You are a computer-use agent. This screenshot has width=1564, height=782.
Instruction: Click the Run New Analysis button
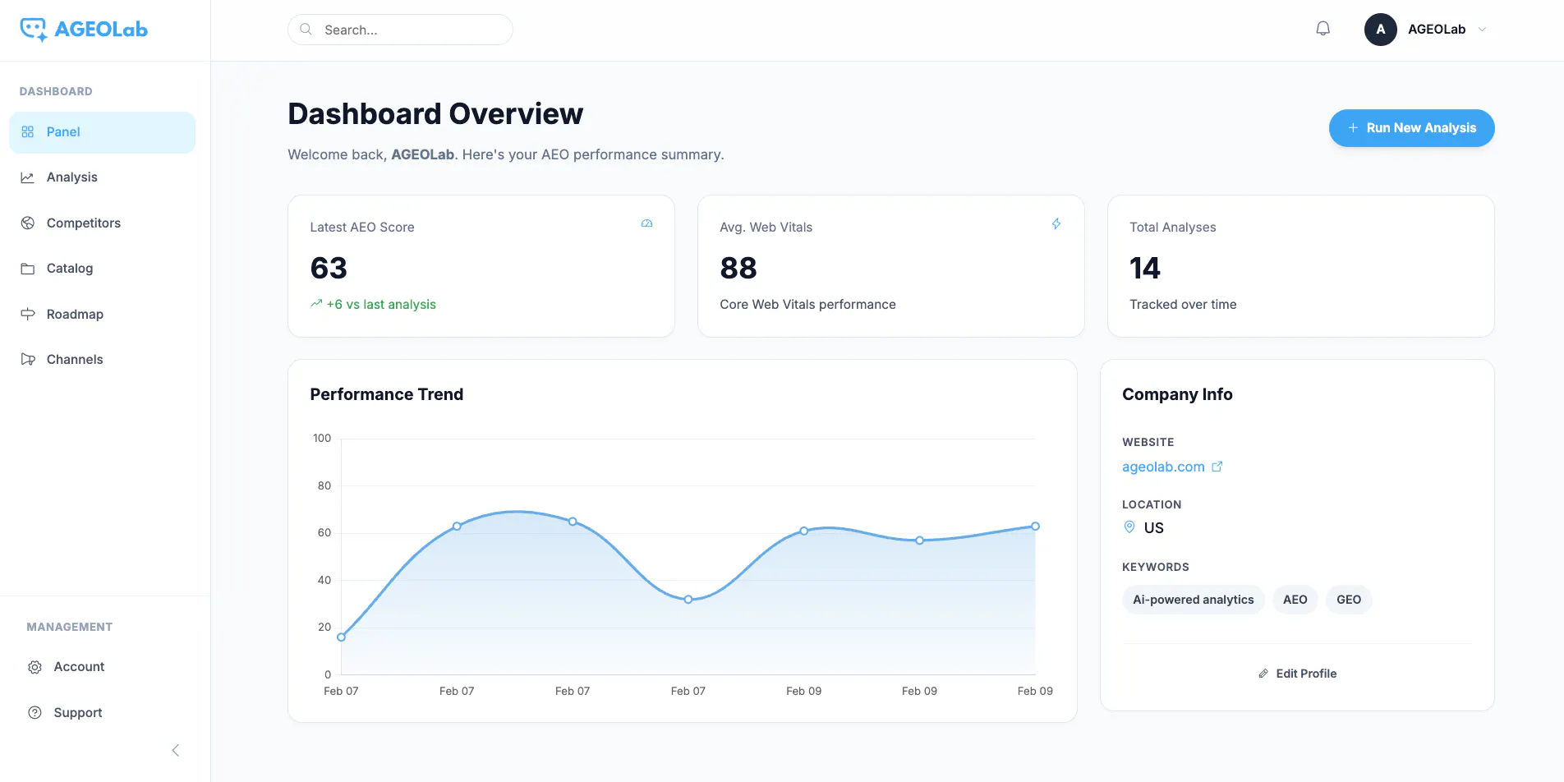coord(1411,128)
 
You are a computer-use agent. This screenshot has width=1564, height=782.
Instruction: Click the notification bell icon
coord(1322,29)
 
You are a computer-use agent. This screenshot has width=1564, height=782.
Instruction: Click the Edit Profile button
coord(1297,674)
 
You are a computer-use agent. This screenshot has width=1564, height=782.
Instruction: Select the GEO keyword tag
coord(1349,600)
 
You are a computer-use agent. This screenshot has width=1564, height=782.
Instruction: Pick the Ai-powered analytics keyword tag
coord(1193,600)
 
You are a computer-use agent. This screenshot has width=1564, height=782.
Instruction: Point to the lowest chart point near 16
coord(341,637)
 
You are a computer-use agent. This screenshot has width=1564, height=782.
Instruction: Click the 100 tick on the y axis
coord(322,438)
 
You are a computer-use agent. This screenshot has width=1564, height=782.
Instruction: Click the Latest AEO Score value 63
coord(329,268)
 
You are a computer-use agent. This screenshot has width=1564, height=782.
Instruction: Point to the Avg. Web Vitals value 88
coord(738,268)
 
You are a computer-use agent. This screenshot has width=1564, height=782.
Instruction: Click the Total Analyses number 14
coord(1145,268)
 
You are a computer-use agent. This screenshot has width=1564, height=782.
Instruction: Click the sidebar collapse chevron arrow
coord(175,750)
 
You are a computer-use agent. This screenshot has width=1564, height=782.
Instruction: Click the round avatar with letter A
coord(1380,30)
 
